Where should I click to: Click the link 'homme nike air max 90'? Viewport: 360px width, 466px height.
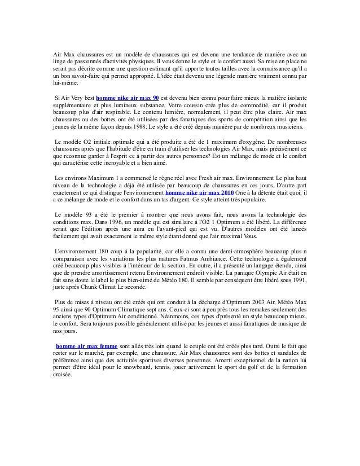(x=128, y=96)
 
